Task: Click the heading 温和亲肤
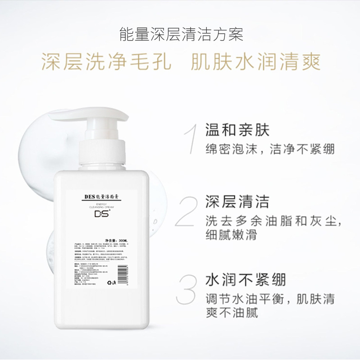point(237,130)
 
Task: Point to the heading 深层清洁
point(237,201)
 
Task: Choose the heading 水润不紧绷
point(245,280)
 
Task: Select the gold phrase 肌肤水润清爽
point(256,63)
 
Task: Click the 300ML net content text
point(118,241)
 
